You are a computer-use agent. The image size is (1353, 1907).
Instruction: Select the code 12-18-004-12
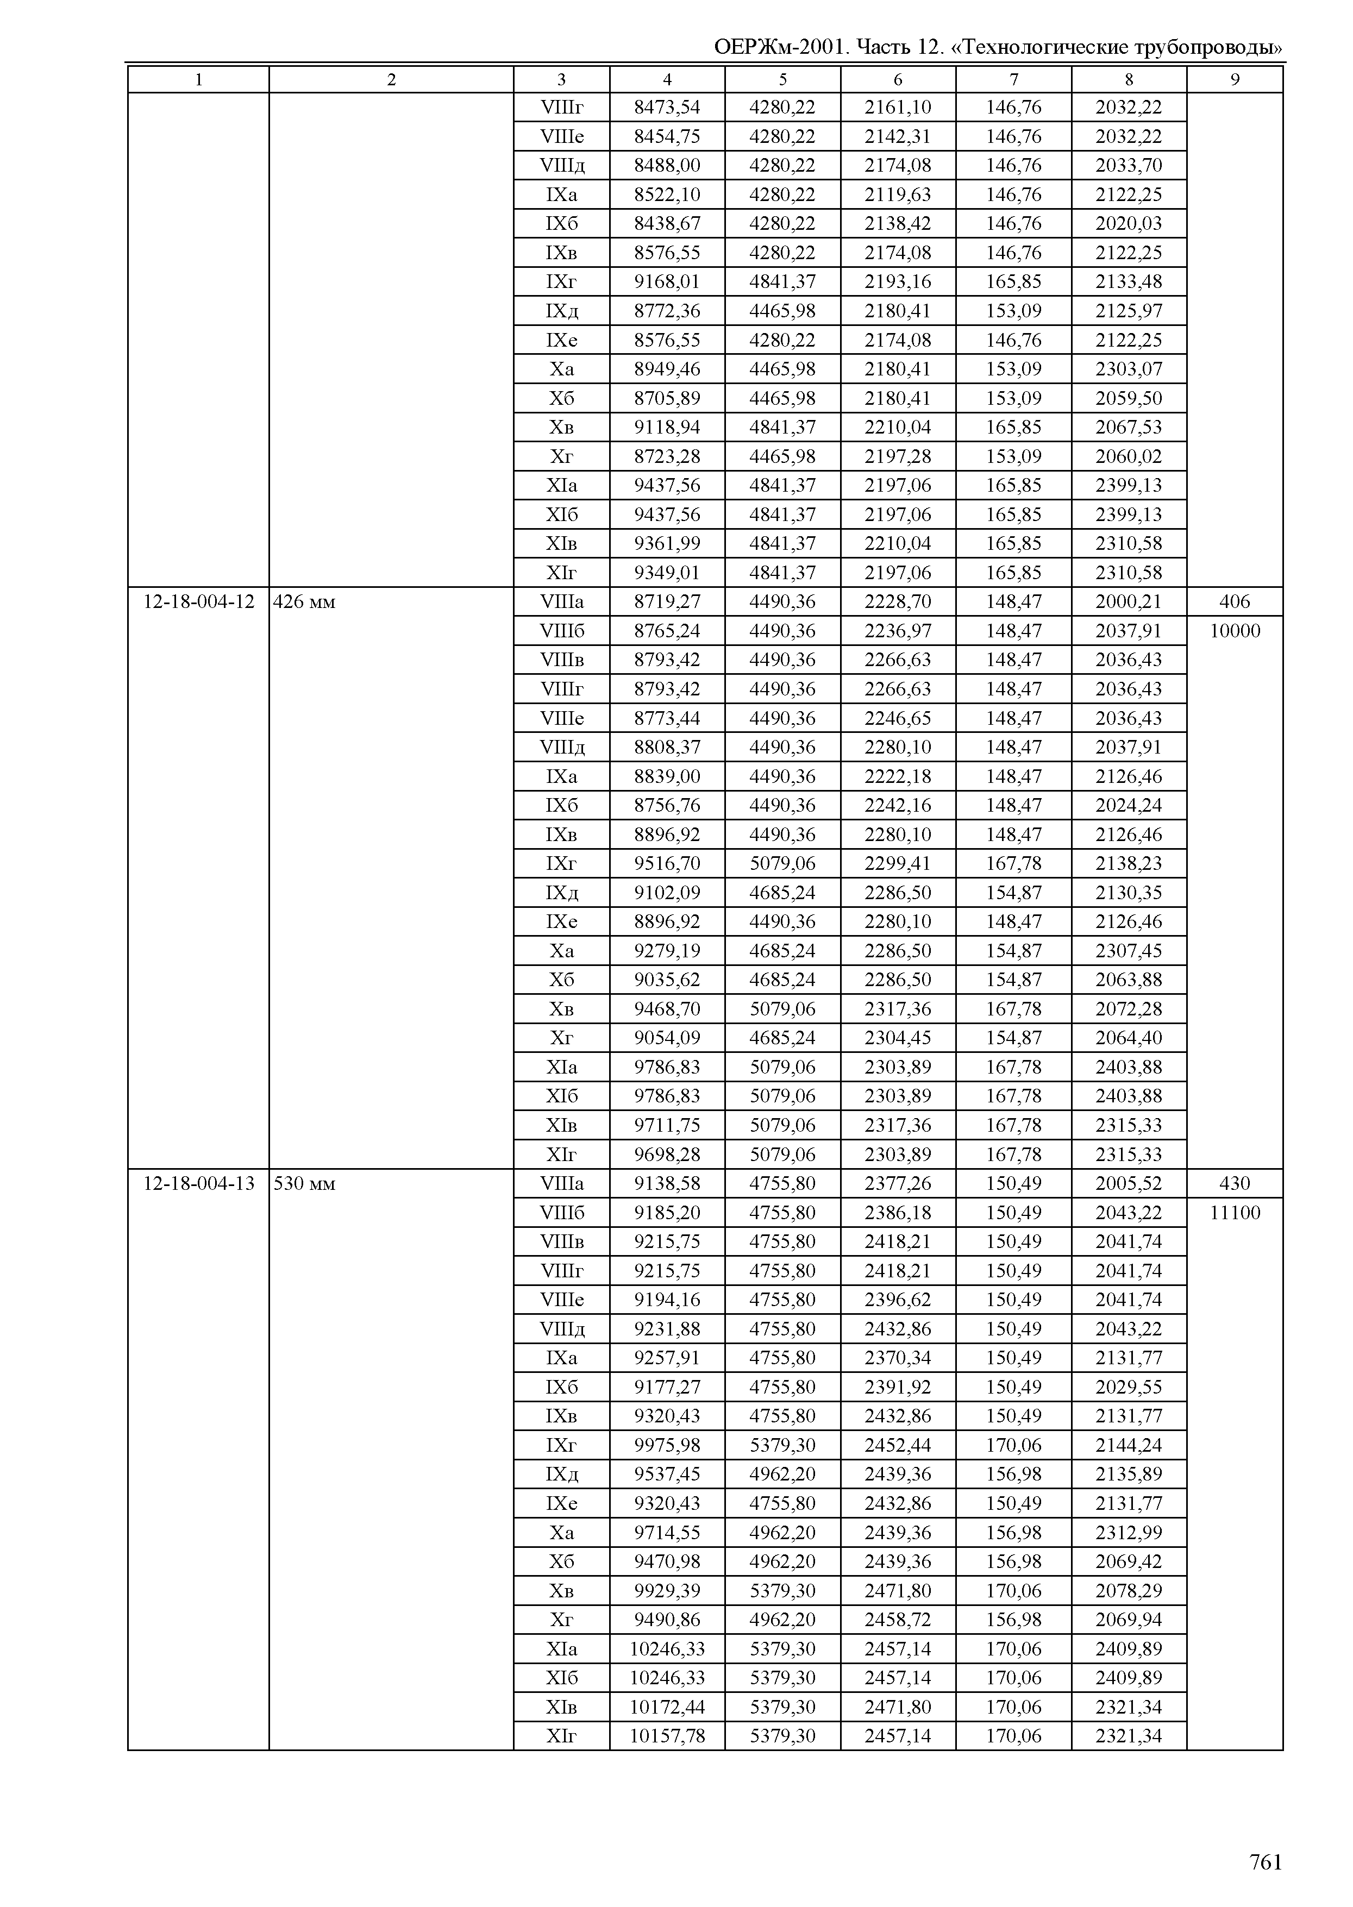198,601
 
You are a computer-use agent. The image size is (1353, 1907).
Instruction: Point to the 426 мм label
304,601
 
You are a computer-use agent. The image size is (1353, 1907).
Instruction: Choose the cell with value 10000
1235,631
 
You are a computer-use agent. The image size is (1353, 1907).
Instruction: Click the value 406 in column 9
1235,601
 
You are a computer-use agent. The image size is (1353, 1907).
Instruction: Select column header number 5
782,79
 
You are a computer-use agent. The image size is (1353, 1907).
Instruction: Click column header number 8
1129,79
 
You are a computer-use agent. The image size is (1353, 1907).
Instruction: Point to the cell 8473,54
667,108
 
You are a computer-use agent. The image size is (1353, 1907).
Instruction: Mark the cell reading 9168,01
667,281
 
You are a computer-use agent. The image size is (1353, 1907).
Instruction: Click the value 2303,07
1129,369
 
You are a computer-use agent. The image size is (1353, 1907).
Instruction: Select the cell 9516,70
667,863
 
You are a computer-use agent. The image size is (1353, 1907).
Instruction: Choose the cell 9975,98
667,1445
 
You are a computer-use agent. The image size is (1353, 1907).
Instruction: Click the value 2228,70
897,601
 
